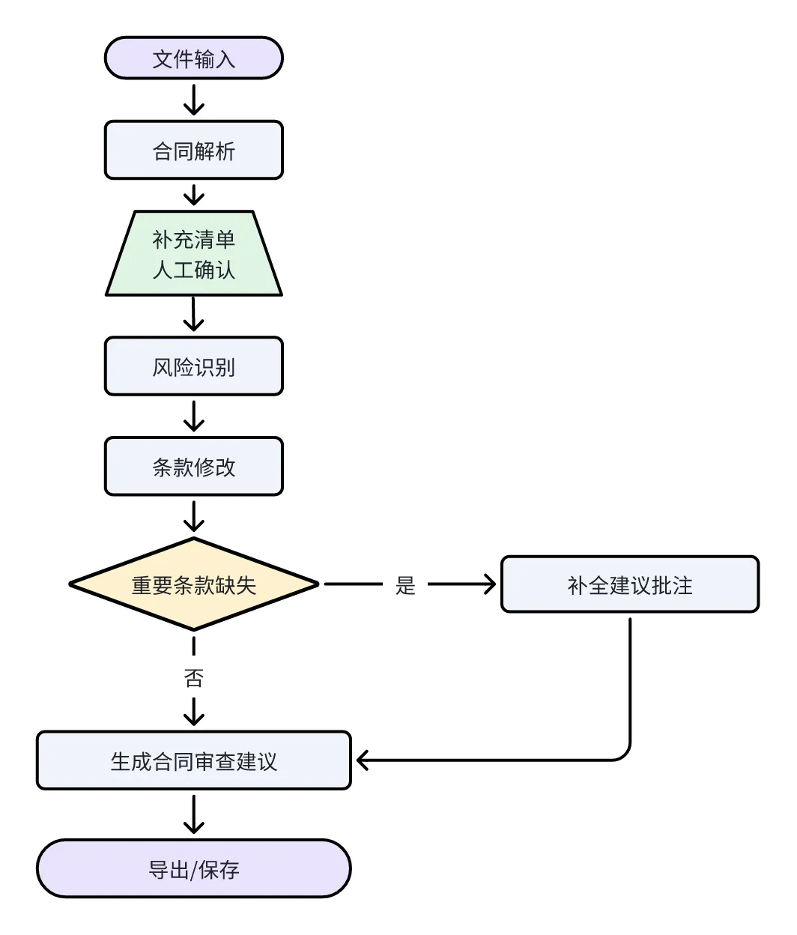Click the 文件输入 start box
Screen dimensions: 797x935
[x=193, y=58]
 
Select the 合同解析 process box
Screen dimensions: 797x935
[x=193, y=150]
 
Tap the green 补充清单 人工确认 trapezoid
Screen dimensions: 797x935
[x=193, y=253]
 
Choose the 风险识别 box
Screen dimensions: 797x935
[x=193, y=366]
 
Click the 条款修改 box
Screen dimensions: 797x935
[x=193, y=466]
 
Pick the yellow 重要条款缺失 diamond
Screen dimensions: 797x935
[x=193, y=584]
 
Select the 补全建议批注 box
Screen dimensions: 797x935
[x=630, y=584]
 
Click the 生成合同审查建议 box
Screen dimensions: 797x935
[x=193, y=760]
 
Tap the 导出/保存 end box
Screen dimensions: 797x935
[x=193, y=868]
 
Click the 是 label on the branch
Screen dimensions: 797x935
[x=405, y=585]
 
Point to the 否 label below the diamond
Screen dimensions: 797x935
[x=193, y=677]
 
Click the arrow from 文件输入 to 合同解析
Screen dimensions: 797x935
[x=193, y=100]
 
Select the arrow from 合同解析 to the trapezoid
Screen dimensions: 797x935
[x=193, y=195]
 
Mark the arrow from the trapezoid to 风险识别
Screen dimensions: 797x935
[x=193, y=315]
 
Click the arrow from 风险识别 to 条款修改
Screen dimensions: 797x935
[x=193, y=416]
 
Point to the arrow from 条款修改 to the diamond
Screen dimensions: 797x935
[x=193, y=516]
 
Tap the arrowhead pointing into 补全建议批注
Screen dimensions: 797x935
[x=491, y=584]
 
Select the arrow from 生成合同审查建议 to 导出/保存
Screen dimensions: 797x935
[x=193, y=814]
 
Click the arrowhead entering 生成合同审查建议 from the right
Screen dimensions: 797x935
[x=363, y=760]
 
